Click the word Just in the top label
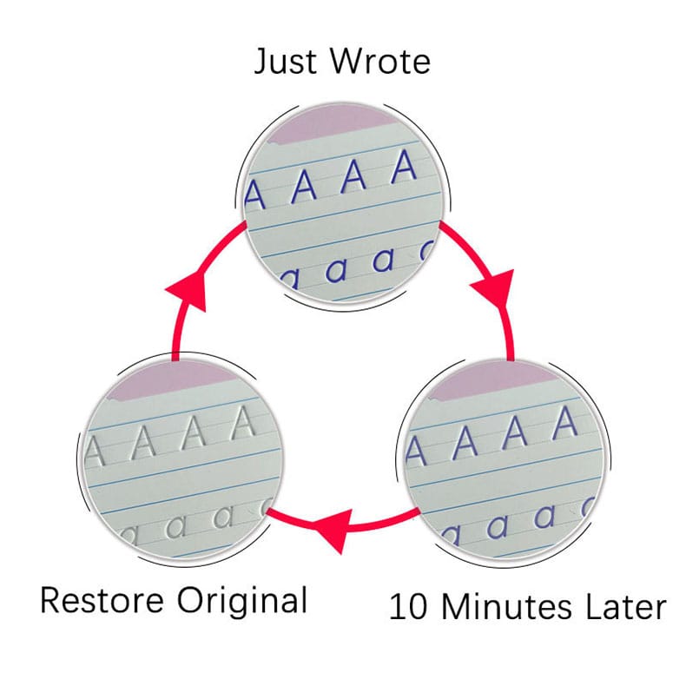coord(287,63)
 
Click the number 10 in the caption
coord(408,605)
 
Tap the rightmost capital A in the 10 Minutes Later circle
coord(565,424)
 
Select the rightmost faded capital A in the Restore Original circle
coord(246,423)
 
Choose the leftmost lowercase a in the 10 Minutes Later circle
coord(451,531)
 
